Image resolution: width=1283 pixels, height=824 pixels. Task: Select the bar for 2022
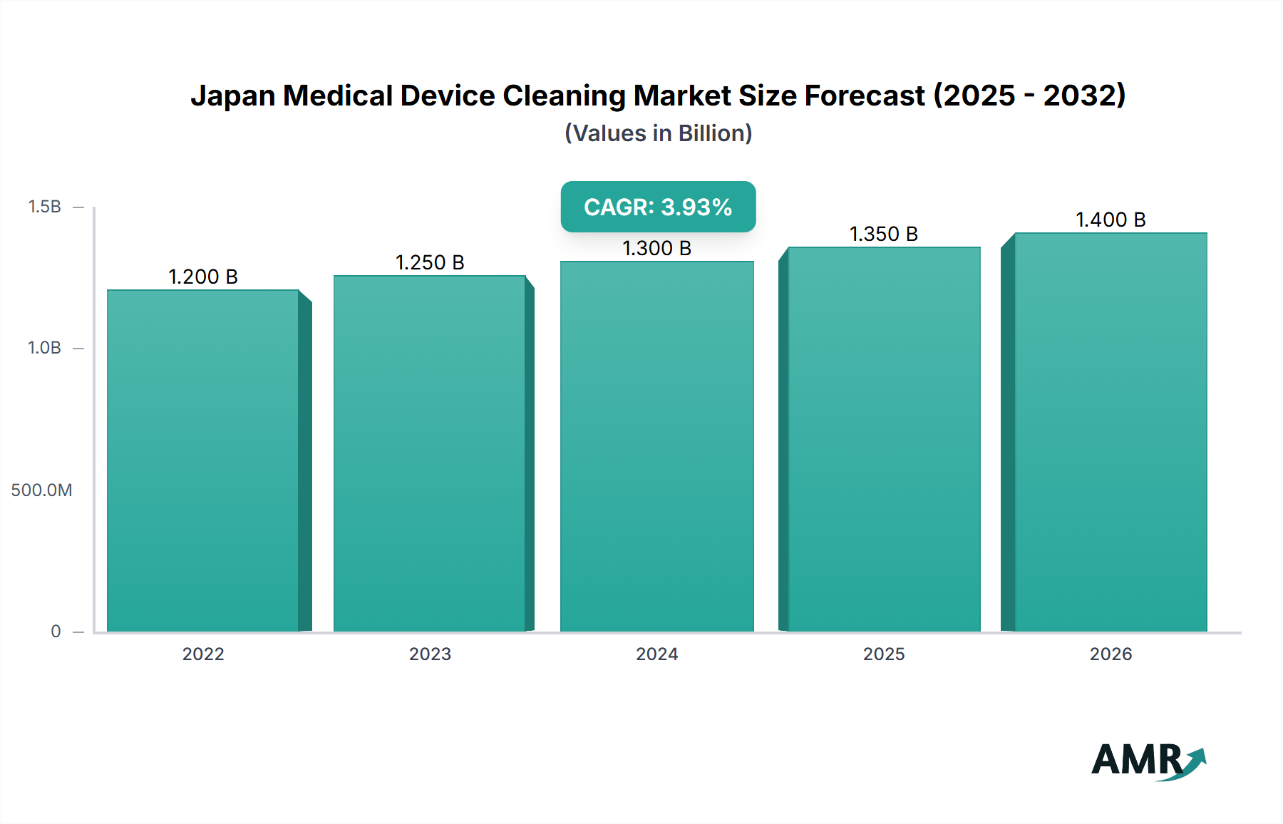[x=203, y=460]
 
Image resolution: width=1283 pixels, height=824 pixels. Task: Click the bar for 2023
[x=430, y=453]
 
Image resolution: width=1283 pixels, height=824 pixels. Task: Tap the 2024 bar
[x=656, y=446]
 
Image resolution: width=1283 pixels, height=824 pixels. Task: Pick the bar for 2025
[x=884, y=439]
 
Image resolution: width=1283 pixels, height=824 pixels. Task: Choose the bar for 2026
[x=1111, y=432]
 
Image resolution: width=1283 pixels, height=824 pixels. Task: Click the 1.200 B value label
[x=203, y=277]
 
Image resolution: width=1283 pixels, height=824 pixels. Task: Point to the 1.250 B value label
[x=430, y=262]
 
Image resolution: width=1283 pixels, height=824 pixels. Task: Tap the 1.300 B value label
[x=656, y=248]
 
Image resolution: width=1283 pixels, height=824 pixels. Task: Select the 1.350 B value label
[x=884, y=234]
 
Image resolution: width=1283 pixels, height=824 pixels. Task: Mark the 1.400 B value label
[x=1111, y=220]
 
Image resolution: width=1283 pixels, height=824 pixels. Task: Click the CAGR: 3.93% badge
[x=658, y=207]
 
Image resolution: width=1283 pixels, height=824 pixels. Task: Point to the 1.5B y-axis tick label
[x=44, y=207]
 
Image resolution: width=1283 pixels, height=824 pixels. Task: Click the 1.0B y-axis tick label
[x=44, y=348]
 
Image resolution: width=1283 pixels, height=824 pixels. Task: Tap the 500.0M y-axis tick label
[x=41, y=490]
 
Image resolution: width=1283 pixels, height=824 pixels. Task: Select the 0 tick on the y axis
[x=56, y=631]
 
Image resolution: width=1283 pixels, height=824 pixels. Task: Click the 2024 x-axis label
[x=656, y=654]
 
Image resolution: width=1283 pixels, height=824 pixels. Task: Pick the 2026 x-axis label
[x=1111, y=654]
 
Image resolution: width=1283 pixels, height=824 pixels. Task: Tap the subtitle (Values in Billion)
[x=658, y=133]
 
